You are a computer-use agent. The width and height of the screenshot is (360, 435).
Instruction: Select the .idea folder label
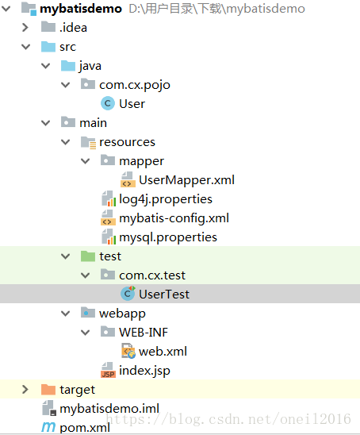point(73,28)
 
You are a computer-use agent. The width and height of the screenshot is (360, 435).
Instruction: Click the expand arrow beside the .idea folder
point(25,28)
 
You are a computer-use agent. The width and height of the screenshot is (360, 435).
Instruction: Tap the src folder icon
point(48,47)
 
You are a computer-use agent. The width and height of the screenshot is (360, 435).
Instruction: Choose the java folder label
point(90,66)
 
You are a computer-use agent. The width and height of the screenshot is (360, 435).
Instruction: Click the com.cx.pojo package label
point(134,85)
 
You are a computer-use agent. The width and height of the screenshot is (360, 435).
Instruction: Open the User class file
point(132,104)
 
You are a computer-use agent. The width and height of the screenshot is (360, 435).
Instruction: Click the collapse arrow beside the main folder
point(45,123)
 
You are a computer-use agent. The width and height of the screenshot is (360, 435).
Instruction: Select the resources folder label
point(127,142)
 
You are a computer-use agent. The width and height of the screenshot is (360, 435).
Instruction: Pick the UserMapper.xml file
point(186,180)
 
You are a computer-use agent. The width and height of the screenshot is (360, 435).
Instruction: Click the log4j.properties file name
point(166,199)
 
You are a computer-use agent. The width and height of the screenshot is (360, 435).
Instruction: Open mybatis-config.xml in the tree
point(174,218)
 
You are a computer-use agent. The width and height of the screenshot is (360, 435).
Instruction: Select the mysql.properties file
point(167,237)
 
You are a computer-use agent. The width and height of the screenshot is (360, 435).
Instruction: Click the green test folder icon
point(87,256)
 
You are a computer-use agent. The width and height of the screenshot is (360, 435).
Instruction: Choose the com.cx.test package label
point(153,275)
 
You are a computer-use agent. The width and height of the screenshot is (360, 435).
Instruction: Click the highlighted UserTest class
point(163,294)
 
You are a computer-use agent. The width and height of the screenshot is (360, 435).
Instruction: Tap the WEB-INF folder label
point(144,333)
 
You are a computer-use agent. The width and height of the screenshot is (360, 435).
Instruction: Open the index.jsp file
point(144,371)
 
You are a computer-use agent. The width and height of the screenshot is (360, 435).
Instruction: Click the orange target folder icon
point(48,390)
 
